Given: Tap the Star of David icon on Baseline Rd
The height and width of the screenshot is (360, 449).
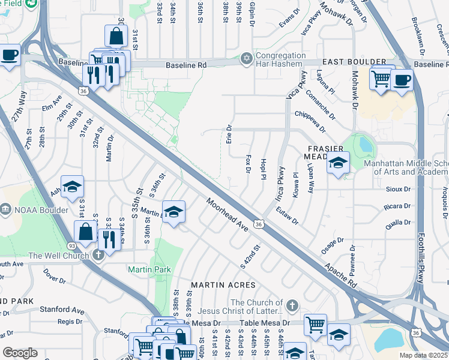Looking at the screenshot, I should (245, 58).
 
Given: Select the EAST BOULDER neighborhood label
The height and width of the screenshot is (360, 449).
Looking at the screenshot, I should (354, 62).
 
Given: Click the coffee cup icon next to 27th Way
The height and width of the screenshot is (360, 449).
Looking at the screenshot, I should (10, 56).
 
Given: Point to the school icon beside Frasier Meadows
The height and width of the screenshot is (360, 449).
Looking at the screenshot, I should (338, 163).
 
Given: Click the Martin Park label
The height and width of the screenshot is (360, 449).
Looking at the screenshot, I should (149, 270).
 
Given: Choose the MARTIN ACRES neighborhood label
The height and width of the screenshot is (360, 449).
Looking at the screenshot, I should (223, 285).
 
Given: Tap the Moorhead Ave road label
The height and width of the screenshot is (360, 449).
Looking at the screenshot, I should (228, 216).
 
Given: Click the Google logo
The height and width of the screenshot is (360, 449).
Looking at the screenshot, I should (20, 353).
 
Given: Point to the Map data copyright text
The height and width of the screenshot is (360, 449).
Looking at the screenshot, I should (424, 355).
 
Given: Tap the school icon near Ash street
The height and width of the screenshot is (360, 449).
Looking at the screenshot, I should (71, 186).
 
